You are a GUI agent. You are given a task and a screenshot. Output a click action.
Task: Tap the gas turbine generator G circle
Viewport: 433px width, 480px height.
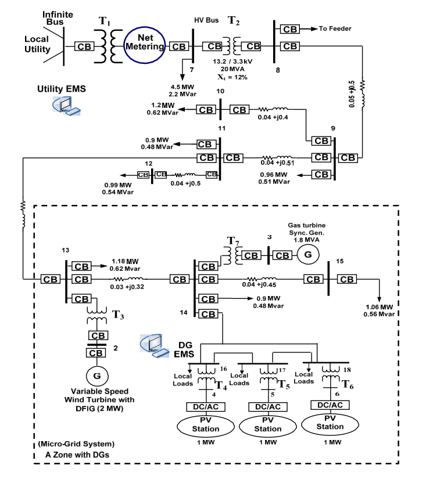click(309, 254)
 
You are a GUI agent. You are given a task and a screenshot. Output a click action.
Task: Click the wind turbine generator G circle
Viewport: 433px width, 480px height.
click(97, 376)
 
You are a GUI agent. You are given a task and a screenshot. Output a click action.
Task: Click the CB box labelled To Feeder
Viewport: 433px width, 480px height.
click(289, 28)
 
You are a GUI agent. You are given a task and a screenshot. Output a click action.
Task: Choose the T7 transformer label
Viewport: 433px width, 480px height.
click(232, 240)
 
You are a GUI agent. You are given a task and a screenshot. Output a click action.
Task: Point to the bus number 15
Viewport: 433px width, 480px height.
click(340, 262)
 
